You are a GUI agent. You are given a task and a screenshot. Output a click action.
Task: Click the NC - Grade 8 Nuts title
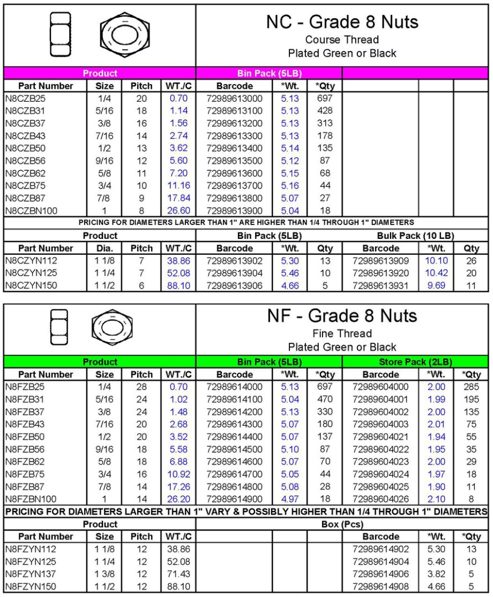[x=342, y=23]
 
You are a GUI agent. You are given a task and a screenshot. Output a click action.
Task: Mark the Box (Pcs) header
[x=342, y=525]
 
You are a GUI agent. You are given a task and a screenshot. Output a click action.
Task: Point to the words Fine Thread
[x=342, y=334]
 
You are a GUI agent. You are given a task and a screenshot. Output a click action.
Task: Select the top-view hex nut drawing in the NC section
[x=124, y=35]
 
